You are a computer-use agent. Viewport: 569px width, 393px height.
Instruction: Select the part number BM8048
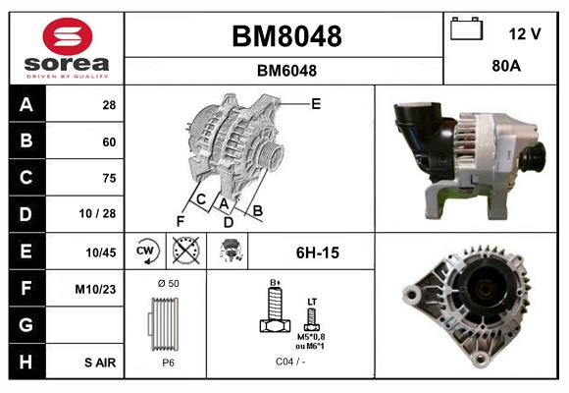pyautogui.click(x=285, y=36)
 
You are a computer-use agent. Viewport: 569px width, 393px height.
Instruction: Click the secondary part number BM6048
pyautogui.click(x=285, y=71)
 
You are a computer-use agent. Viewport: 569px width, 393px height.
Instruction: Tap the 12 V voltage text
pyautogui.click(x=525, y=34)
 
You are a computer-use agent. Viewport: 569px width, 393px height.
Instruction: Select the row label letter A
pyautogui.click(x=26, y=105)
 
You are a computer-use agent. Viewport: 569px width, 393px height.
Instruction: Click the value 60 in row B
pyautogui.click(x=109, y=141)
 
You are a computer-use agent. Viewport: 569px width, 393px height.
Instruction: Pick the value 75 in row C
pyautogui.click(x=109, y=178)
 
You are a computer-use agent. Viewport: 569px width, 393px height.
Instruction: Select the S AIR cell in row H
pyautogui.click(x=101, y=363)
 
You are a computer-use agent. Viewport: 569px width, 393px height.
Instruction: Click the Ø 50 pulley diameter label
pyautogui.click(x=168, y=284)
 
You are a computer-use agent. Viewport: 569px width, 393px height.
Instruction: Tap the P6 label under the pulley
pyautogui.click(x=168, y=362)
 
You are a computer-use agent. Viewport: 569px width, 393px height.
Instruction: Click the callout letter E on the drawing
pyautogui.click(x=316, y=103)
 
